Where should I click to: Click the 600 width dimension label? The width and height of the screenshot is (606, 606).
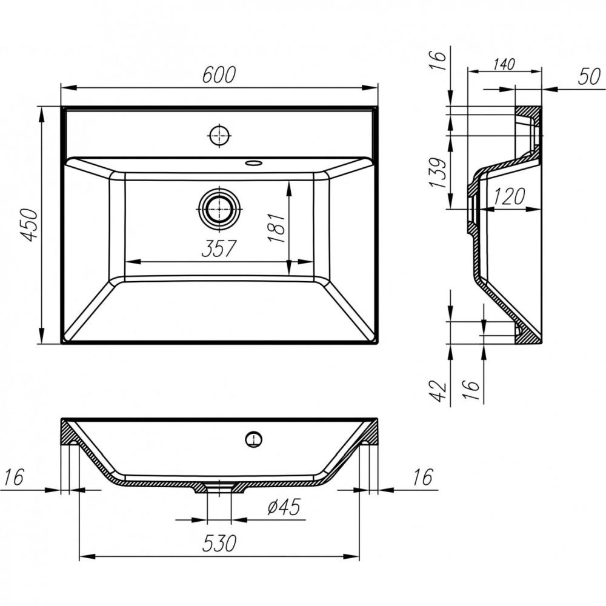[219, 75]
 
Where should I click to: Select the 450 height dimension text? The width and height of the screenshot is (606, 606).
[29, 225]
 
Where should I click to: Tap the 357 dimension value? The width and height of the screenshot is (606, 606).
[219, 248]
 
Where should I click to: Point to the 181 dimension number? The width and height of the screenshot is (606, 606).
[277, 228]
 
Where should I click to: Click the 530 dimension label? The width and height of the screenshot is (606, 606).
[219, 543]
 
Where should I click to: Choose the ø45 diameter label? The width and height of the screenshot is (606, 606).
[284, 507]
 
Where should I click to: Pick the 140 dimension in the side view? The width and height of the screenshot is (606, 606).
[504, 64]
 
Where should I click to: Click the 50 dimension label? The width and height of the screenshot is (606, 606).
[590, 76]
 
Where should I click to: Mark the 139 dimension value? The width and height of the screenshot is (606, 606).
[439, 172]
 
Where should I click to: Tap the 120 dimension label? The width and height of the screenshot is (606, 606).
[509, 196]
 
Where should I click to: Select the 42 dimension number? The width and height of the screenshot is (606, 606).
[438, 391]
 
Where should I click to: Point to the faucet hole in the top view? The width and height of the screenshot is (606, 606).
[219, 135]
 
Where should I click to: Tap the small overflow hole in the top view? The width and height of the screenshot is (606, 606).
[254, 162]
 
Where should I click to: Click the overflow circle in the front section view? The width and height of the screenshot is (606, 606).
[254, 439]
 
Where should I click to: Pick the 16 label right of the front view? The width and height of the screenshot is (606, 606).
[423, 477]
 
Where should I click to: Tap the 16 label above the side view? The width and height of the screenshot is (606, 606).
[438, 59]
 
